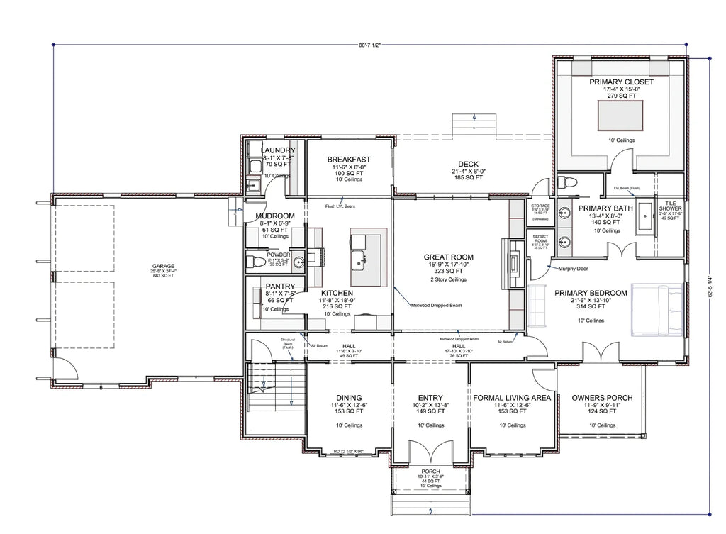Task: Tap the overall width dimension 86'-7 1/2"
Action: pos(369,45)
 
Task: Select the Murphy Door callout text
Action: pos(574,269)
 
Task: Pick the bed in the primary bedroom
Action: pos(658,309)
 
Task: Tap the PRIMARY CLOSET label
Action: pos(621,82)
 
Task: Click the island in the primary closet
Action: pos(621,115)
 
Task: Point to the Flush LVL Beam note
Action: pos(340,206)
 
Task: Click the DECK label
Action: pos(468,165)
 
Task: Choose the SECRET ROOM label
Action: pos(540,238)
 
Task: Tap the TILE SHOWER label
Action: pos(670,206)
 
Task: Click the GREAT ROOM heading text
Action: pos(448,257)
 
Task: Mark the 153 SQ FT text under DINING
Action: pos(349,411)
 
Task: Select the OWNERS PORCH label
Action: pos(602,398)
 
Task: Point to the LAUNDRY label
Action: pos(278,150)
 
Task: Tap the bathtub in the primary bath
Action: pos(646,218)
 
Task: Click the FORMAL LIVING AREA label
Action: pos(512,398)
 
